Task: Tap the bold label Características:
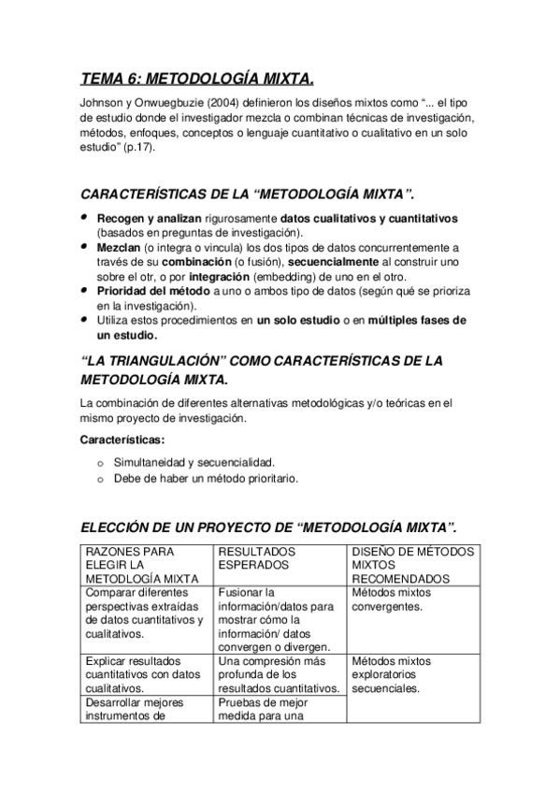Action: [x=122, y=439]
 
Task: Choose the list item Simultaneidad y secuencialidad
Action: [x=194, y=463]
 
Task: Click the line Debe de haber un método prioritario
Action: [x=206, y=478]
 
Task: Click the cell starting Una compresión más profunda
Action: [x=278, y=674]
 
